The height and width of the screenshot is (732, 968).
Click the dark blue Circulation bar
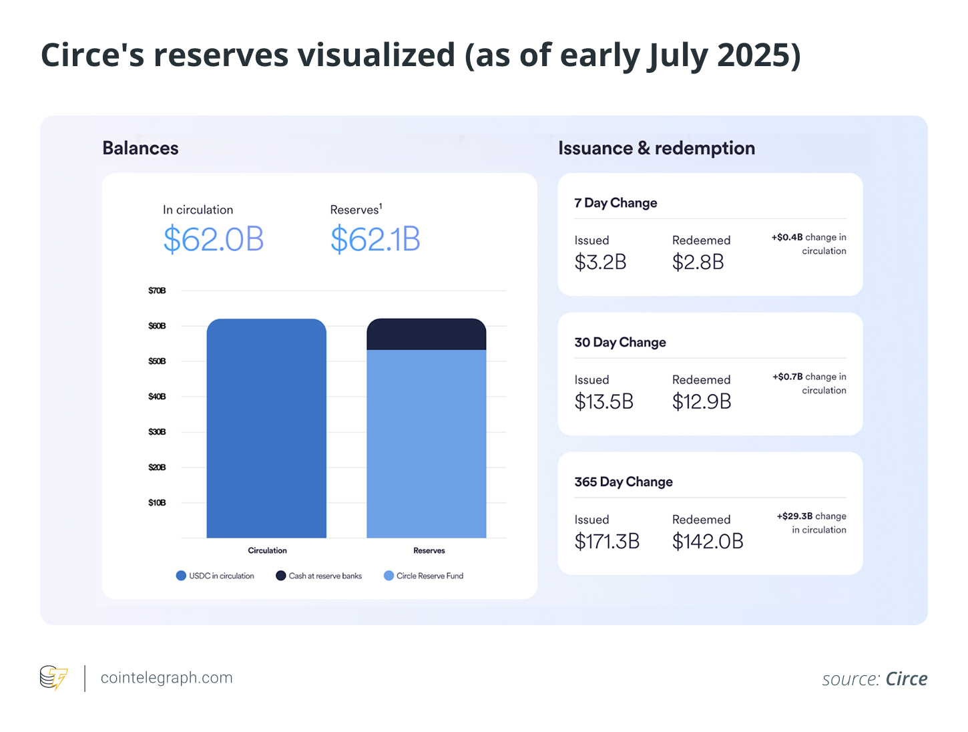coord(266,428)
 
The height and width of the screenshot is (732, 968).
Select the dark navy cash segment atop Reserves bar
coord(426,334)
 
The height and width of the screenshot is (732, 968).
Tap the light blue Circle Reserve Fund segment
coord(426,443)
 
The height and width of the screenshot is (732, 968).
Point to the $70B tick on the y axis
coord(157,291)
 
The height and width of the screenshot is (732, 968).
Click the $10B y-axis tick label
coord(157,502)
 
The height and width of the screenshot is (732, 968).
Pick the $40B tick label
coord(157,397)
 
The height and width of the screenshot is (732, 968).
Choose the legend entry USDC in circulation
coord(215,576)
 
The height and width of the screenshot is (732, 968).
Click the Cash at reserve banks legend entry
coord(319,576)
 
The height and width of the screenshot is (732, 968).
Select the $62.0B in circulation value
coord(214,240)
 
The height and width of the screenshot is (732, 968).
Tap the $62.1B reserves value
coord(375,240)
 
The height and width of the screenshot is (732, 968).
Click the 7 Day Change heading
coord(616,203)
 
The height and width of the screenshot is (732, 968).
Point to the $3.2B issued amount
coord(600,262)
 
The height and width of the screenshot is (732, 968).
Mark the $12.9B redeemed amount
coord(702,402)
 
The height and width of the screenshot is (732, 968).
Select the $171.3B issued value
coord(607,542)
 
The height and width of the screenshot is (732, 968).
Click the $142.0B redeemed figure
coord(708,542)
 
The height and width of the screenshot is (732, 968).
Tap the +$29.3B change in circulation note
coord(812,523)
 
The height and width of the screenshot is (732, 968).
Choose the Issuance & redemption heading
coord(656,148)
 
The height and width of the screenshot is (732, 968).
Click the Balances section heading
coord(140,148)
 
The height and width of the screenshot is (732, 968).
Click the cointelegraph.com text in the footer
coord(166,678)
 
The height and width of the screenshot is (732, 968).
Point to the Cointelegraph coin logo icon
coord(53,678)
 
